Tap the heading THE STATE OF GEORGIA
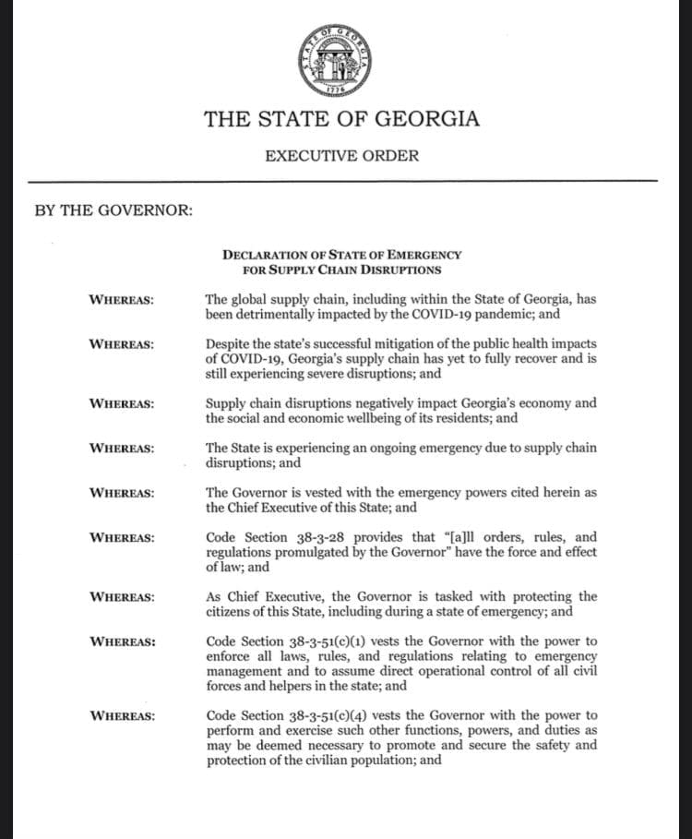pyautogui.click(x=341, y=119)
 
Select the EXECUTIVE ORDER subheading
pyautogui.click(x=341, y=155)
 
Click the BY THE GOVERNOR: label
pyautogui.click(x=113, y=210)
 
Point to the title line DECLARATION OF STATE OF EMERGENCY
pyautogui.click(x=341, y=255)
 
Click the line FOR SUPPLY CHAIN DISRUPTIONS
pyautogui.click(x=341, y=270)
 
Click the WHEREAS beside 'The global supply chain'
pyautogui.click(x=121, y=300)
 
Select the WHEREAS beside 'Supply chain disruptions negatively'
pyautogui.click(x=121, y=403)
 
